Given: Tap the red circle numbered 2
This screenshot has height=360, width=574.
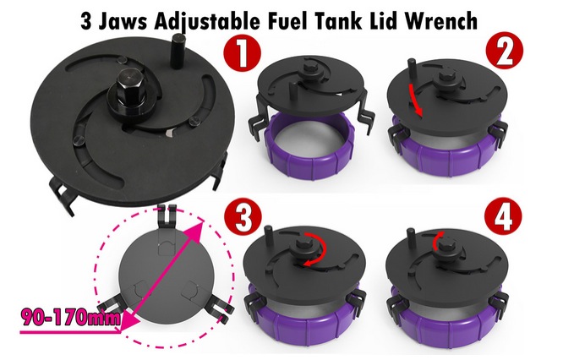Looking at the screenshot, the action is point(504,54).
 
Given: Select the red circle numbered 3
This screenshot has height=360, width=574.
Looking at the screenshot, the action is point(243,219).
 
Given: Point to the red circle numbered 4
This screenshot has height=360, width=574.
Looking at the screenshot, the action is point(503,218).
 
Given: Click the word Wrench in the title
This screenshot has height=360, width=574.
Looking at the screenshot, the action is point(440,21).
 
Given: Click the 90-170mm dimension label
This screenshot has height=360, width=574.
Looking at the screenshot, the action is point(71,318).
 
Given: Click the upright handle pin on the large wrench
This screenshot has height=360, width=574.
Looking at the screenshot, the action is point(179,52).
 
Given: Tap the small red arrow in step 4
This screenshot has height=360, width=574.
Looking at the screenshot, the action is point(437,240).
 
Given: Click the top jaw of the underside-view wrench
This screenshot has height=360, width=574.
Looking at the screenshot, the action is point(167,218).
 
